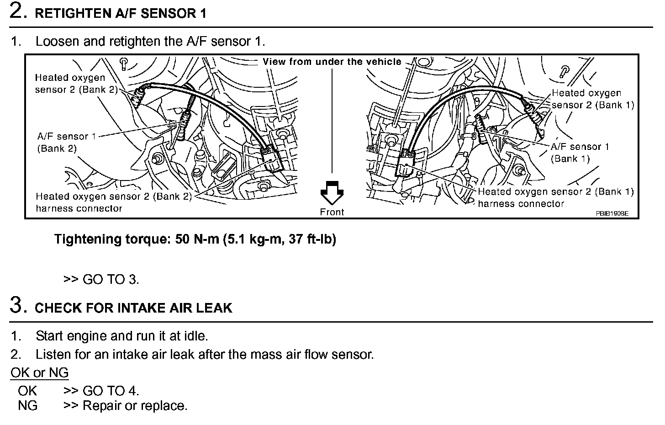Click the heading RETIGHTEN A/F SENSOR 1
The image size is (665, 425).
click(121, 14)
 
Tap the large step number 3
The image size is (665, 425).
click(17, 305)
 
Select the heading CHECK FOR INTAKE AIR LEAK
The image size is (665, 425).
click(133, 308)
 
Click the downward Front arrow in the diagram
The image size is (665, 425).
click(332, 192)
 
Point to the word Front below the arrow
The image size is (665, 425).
click(332, 212)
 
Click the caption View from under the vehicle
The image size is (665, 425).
click(332, 62)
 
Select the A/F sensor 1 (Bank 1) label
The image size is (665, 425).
click(580, 153)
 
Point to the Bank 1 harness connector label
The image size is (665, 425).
click(555, 197)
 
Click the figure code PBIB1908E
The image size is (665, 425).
click(612, 213)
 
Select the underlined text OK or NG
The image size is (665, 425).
click(39, 373)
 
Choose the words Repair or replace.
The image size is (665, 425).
click(135, 406)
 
